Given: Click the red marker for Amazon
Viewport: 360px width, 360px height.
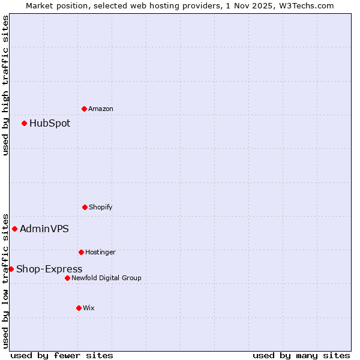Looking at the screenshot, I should point(84,109).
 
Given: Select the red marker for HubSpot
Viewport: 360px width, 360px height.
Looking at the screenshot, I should point(24,123).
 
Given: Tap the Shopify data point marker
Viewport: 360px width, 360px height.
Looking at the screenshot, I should point(85,207).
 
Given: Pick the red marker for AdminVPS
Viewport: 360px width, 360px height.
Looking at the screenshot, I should point(14,229).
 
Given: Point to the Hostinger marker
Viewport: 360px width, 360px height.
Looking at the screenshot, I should point(81,252).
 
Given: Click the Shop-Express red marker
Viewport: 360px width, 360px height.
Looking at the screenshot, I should point(11,269).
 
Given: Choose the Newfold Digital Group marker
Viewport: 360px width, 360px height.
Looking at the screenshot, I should point(67,278).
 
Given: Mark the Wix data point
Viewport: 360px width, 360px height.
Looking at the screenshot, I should point(79,308).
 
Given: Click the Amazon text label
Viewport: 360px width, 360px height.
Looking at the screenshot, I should point(100,109).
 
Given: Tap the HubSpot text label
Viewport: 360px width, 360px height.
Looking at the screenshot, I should point(50,123).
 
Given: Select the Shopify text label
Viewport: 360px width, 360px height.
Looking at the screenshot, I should point(100,207).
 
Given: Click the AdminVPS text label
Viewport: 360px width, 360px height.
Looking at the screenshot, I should point(44,229).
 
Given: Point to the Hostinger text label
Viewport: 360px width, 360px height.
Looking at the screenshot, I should point(100,252).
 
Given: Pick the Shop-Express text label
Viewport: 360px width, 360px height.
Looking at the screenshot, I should point(49,269).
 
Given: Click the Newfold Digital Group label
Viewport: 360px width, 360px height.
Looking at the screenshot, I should point(106,278).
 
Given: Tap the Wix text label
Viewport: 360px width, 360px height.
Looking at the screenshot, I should point(89,308).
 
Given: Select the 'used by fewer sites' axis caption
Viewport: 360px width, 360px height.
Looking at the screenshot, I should point(62,355).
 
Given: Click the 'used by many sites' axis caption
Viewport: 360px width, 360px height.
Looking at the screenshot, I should point(301,355).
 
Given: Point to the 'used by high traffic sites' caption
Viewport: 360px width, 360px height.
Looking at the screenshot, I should point(5,85).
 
